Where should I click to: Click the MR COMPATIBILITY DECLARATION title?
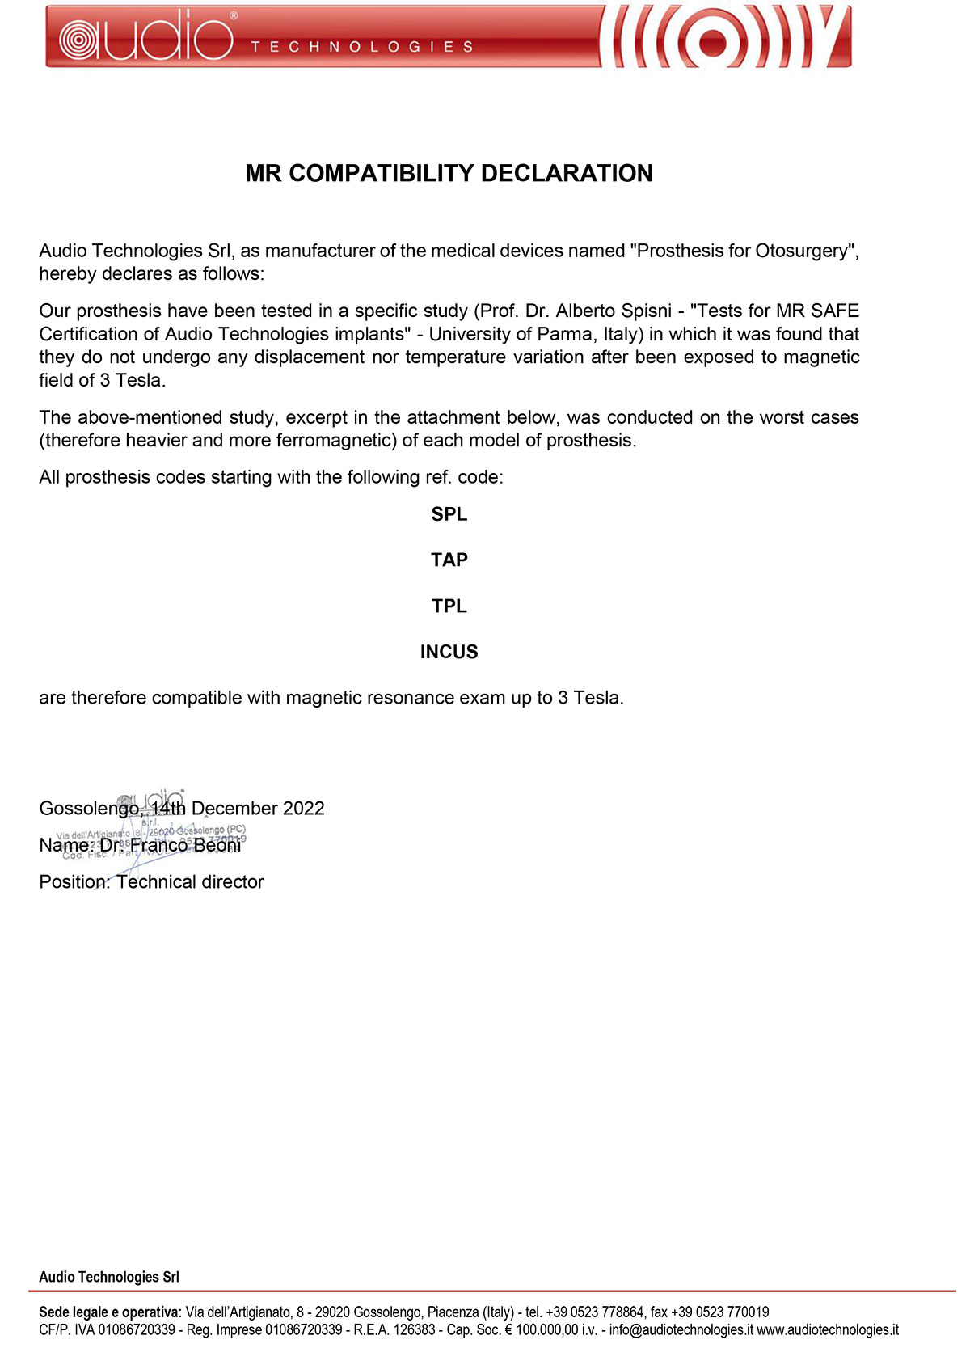pyautogui.click(x=449, y=173)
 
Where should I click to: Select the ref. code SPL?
pyautogui.click(x=449, y=514)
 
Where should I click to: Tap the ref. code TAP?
pyautogui.click(x=449, y=560)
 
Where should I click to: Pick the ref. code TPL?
pyautogui.click(x=449, y=606)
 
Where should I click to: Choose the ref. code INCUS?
pyautogui.click(x=449, y=652)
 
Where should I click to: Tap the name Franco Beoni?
pyautogui.click(x=185, y=845)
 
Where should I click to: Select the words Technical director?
pyautogui.click(x=190, y=882)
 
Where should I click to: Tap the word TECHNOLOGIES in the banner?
pyautogui.click(x=361, y=47)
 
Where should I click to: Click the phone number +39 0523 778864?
pyautogui.click(x=595, y=1312)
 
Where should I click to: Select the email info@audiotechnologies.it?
pyautogui.click(x=681, y=1330)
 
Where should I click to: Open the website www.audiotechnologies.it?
pyautogui.click(x=828, y=1330)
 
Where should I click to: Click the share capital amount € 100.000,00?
pyautogui.click(x=542, y=1330)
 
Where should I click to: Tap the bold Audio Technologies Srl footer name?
pyautogui.click(x=109, y=1278)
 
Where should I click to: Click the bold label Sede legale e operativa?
pyautogui.click(x=110, y=1312)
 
